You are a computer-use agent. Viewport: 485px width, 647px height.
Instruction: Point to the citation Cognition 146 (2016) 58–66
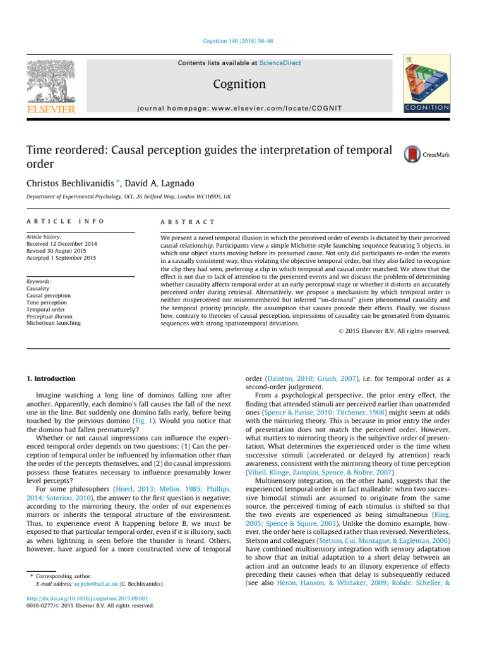(x=242, y=41)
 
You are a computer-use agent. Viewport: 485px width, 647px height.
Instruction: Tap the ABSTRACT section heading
(x=189, y=222)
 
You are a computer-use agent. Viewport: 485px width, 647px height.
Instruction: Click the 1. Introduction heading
(x=51, y=379)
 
